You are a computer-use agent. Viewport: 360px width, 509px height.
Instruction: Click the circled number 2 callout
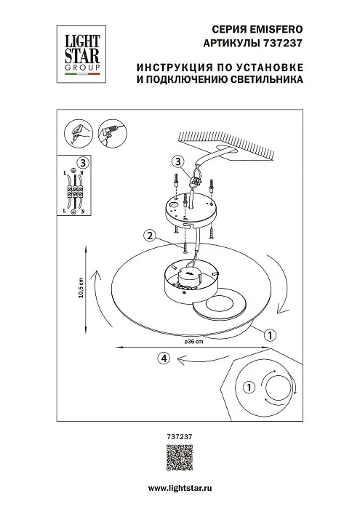tap(148, 236)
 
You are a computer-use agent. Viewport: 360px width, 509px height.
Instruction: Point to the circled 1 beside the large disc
tap(268, 335)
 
